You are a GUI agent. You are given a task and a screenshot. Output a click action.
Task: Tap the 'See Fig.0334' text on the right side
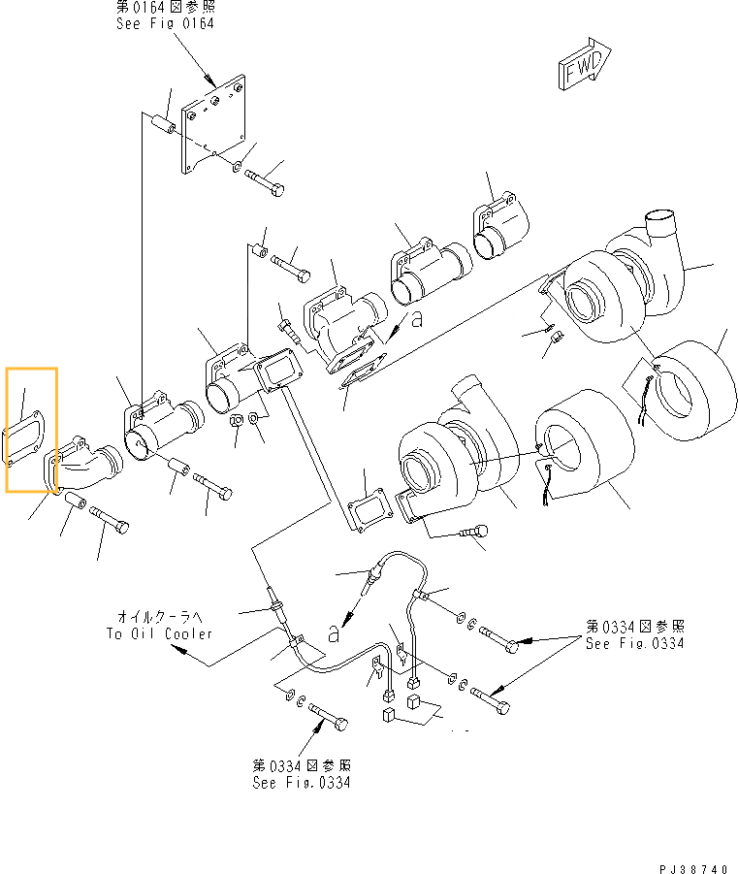click(x=634, y=644)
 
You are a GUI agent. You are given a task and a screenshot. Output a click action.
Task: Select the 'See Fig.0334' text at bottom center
click(x=301, y=782)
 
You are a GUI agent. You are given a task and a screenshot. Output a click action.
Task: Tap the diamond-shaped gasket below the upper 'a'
click(x=363, y=374)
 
